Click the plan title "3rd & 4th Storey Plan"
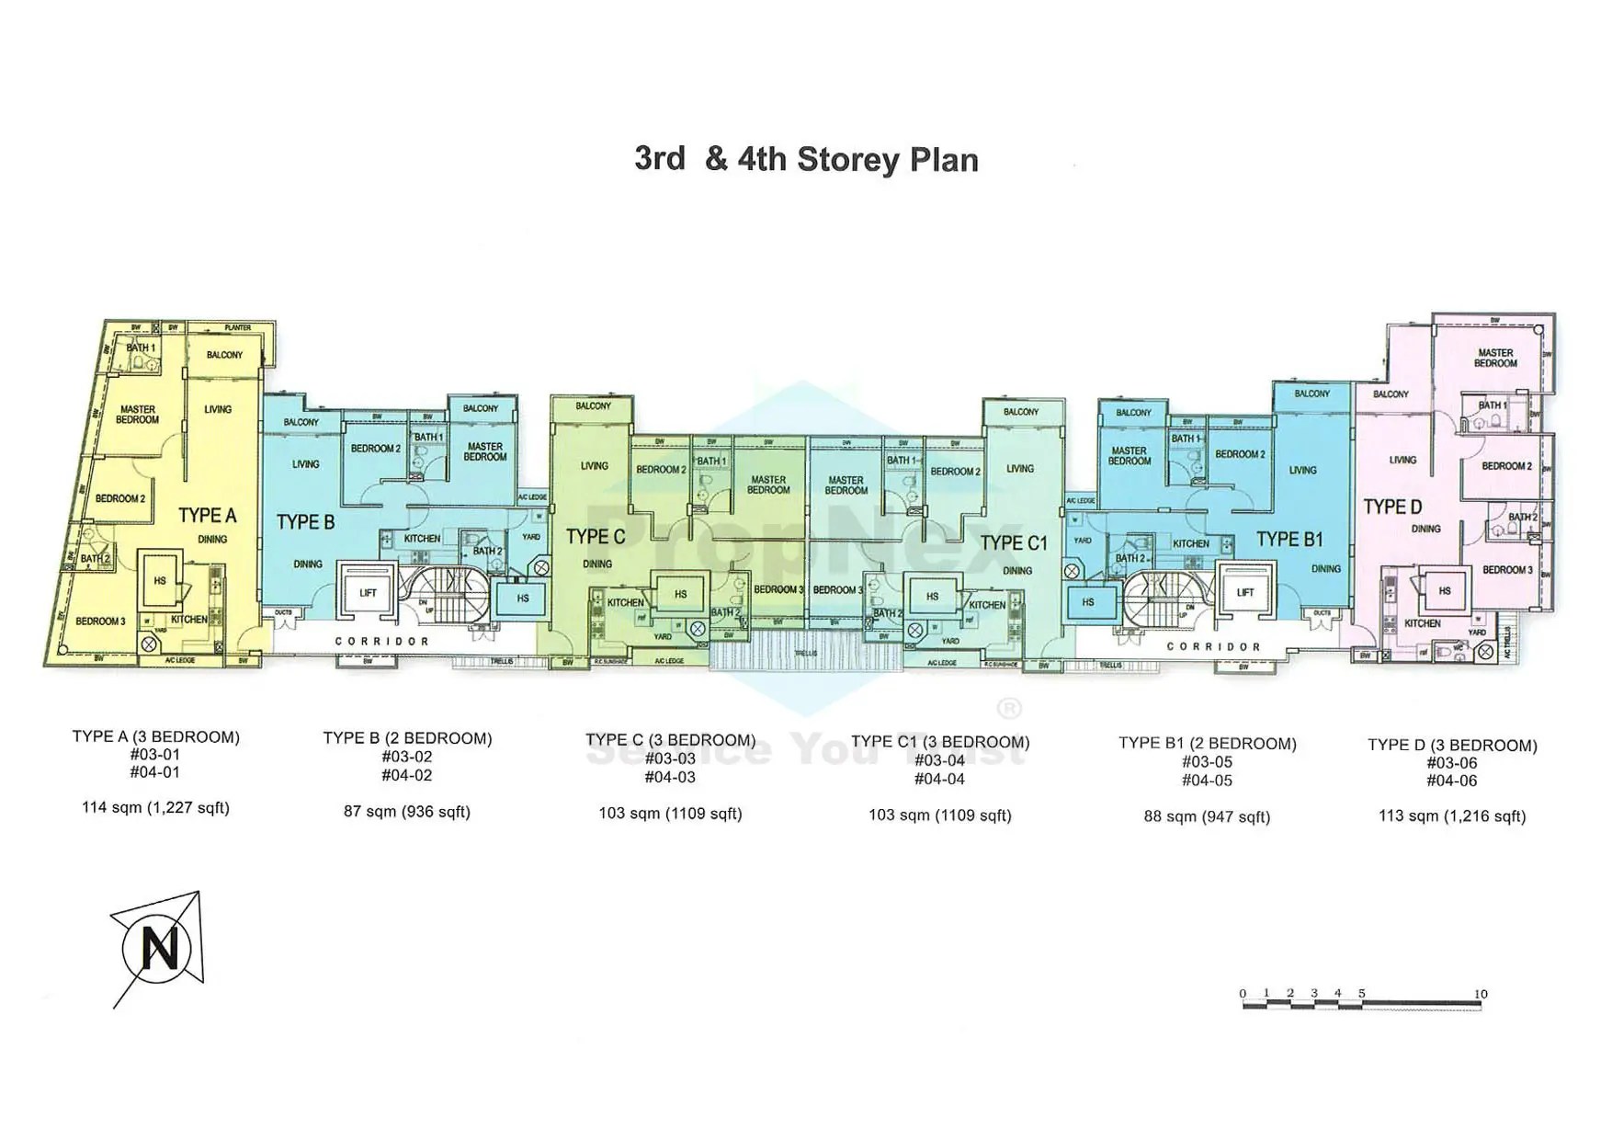click(x=806, y=159)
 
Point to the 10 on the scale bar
click(x=1480, y=994)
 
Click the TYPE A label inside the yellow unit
click(x=207, y=515)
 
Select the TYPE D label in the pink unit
click(x=1392, y=507)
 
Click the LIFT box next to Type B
click(x=368, y=593)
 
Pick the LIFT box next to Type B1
click(x=1245, y=592)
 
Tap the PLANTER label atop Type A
click(x=238, y=328)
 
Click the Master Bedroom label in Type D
click(x=1495, y=358)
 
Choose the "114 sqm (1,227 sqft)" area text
click(x=155, y=808)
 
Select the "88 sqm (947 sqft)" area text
click(x=1207, y=816)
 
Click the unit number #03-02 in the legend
click(x=406, y=757)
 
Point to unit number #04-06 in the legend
click(x=1452, y=781)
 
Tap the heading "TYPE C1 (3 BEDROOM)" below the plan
click(x=940, y=742)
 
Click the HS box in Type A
click(x=160, y=581)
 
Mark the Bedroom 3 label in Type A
click(x=100, y=621)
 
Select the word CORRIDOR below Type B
click(x=381, y=642)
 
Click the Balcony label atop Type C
click(x=593, y=406)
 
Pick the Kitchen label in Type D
click(x=1422, y=623)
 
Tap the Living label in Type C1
click(x=1020, y=469)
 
